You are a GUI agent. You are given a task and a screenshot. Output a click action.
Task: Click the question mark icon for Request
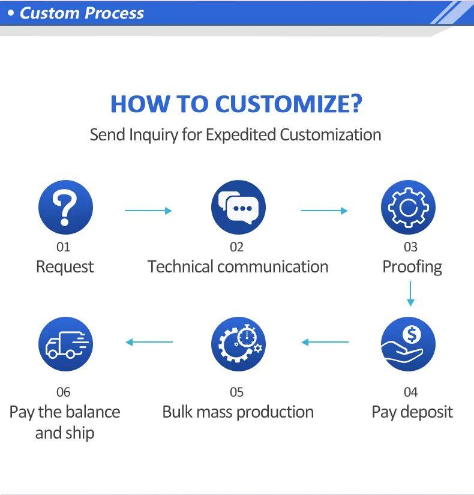pyautogui.click(x=65, y=208)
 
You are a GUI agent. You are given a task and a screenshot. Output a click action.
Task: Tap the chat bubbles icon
pyautogui.click(x=238, y=208)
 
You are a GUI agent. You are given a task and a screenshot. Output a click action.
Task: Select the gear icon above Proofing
pyautogui.click(x=409, y=208)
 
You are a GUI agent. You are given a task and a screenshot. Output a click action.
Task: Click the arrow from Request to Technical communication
pyautogui.click(x=148, y=211)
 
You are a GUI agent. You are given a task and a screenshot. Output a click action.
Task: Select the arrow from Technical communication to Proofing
pyautogui.click(x=324, y=211)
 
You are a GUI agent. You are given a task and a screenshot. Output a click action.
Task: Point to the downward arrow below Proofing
pyautogui.click(x=410, y=294)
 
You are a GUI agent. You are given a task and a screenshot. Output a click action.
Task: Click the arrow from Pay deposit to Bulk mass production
pyautogui.click(x=325, y=342)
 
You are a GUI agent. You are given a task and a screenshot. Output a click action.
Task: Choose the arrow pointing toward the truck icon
pyautogui.click(x=149, y=342)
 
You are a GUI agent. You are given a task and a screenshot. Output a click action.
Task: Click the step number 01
pyautogui.click(x=63, y=247)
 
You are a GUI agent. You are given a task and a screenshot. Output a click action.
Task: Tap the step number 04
pyautogui.click(x=410, y=392)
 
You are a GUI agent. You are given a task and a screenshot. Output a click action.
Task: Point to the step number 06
pyautogui.click(x=63, y=392)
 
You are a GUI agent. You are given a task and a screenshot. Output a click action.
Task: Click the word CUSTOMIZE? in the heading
pyautogui.click(x=288, y=104)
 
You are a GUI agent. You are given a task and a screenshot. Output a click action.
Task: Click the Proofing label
pyautogui.click(x=412, y=266)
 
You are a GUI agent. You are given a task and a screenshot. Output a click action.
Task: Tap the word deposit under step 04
pyautogui.click(x=427, y=412)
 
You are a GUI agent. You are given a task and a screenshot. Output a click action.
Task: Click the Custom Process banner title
pyautogui.click(x=82, y=13)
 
